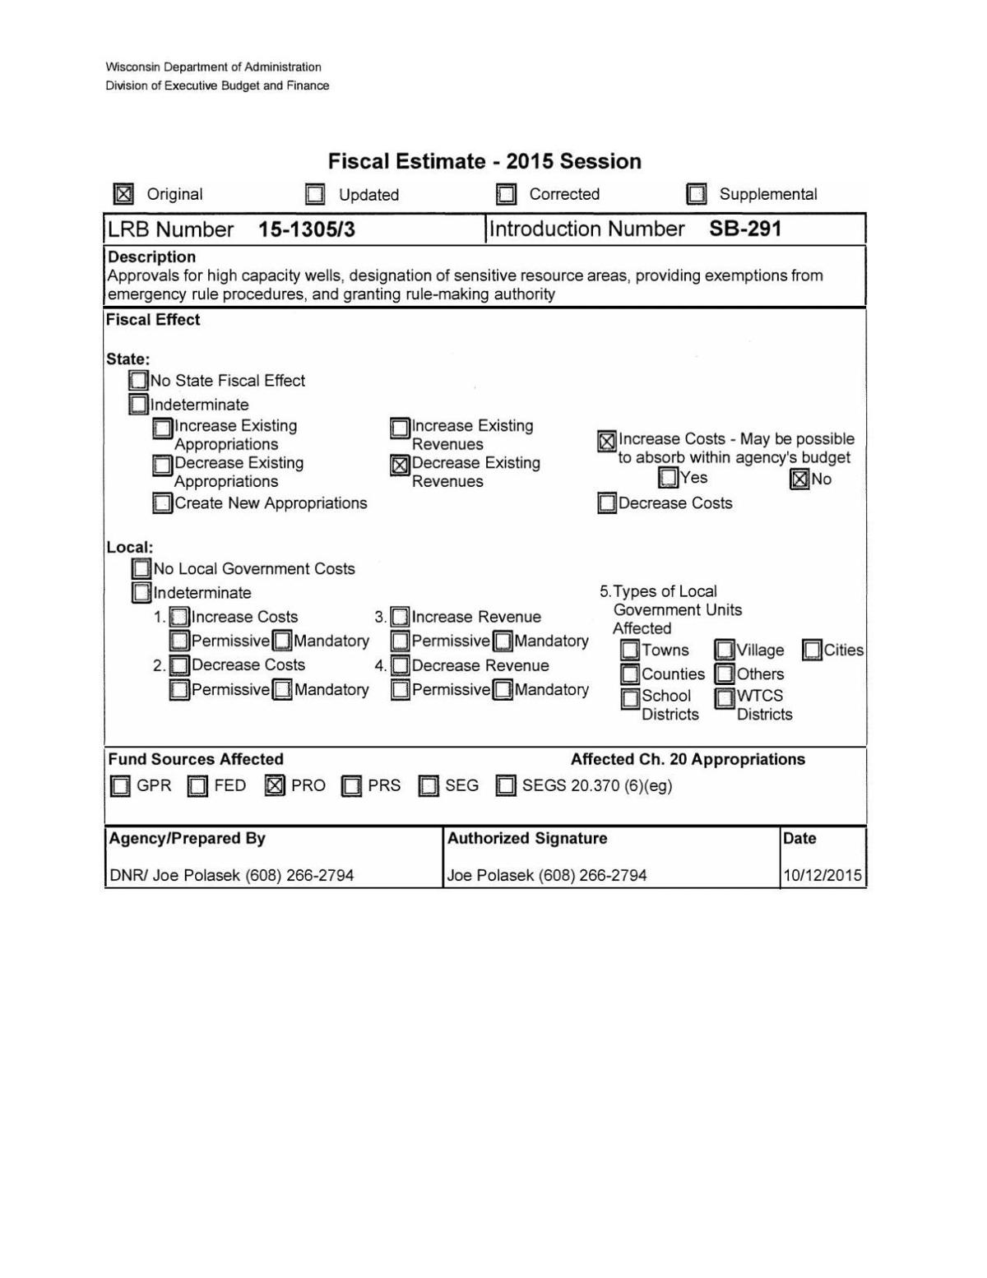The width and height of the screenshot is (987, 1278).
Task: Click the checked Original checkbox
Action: click(123, 194)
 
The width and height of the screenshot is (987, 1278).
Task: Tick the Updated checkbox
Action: click(315, 194)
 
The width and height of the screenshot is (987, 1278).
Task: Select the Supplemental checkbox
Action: click(697, 194)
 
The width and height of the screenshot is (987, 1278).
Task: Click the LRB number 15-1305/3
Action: click(307, 229)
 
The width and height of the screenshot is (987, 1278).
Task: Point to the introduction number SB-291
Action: click(745, 229)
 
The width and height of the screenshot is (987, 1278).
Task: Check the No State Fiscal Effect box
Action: click(138, 381)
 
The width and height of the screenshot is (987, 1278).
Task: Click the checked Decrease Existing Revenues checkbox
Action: click(400, 465)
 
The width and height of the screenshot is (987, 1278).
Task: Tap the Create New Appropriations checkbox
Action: click(163, 503)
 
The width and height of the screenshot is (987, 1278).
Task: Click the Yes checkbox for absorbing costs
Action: click(669, 477)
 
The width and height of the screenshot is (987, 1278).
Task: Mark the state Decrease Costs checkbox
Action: click(607, 503)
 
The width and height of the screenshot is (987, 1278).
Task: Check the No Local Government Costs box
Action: click(141, 569)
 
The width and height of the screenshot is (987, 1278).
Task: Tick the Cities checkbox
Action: click(812, 651)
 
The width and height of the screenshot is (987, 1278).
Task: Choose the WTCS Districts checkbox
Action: click(725, 698)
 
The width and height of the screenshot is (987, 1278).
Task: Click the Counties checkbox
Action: click(630, 674)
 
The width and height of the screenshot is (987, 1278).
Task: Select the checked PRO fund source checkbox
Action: click(275, 786)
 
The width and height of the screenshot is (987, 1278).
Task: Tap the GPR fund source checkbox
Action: click(120, 786)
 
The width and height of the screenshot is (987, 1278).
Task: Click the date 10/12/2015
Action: click(822, 875)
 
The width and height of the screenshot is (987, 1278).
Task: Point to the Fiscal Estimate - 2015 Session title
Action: click(484, 161)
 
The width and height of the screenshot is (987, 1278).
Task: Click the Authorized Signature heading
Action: click(527, 838)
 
